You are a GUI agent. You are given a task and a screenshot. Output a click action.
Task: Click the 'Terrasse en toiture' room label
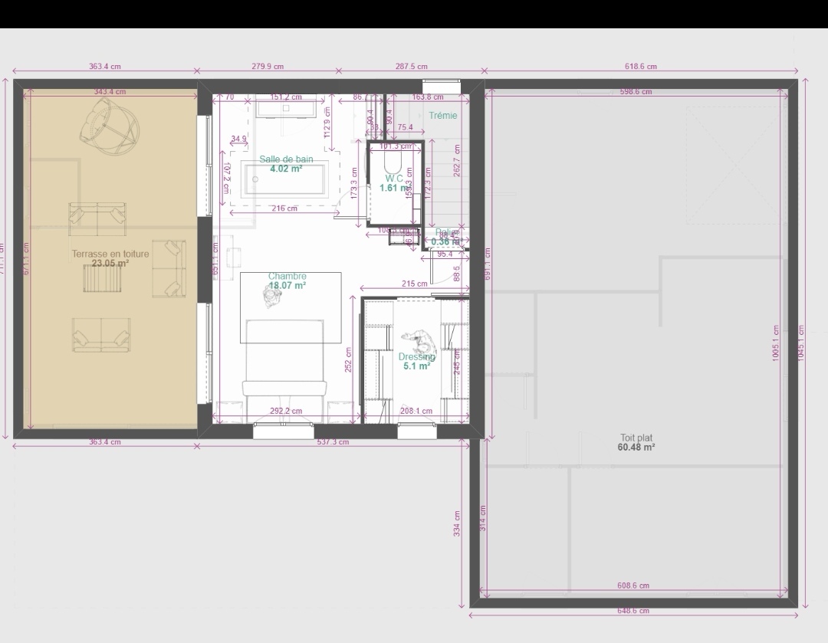tap(110, 254)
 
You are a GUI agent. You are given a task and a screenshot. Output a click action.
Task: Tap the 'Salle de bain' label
tap(286, 159)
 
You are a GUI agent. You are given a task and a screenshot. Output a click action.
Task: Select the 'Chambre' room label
tap(287, 276)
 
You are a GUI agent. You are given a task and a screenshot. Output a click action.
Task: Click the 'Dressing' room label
tap(416, 356)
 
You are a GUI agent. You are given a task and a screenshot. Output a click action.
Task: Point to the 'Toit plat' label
tap(636, 438)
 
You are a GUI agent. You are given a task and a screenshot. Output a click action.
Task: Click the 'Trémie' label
tap(443, 116)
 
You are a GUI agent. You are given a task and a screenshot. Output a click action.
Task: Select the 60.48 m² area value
tap(636, 448)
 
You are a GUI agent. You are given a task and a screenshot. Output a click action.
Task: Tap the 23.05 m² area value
tap(110, 263)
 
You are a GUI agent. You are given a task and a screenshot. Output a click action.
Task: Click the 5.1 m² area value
tap(416, 366)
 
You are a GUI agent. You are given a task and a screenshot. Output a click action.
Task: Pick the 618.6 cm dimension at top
tap(640, 67)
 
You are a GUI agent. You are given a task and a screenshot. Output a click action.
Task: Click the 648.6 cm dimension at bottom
tap(633, 611)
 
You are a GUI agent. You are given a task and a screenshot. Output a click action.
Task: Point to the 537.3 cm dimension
tap(333, 442)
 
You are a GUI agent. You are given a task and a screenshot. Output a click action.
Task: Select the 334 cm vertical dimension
tap(457, 523)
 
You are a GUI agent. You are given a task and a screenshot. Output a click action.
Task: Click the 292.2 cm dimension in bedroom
tap(287, 411)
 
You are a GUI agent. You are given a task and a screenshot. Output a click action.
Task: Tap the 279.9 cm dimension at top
tap(268, 67)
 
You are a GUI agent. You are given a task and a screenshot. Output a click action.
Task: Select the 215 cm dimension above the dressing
tap(414, 284)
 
